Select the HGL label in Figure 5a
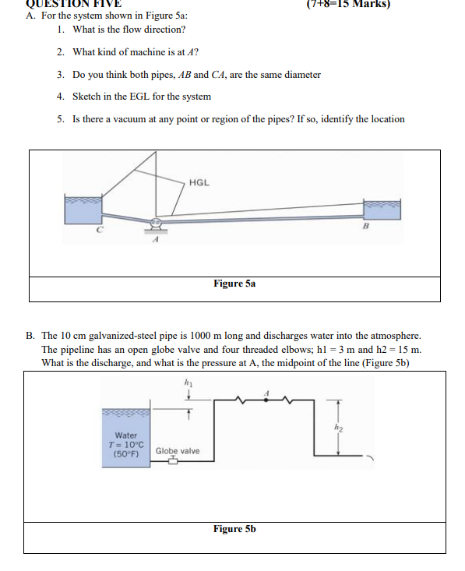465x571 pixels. point(199,182)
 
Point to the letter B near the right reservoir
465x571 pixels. point(364,227)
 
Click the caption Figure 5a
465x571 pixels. point(234,284)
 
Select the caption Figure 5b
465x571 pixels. point(234,529)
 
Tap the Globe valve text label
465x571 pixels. point(177,451)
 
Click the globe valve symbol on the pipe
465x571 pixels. point(174,461)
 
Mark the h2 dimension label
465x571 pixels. point(337,426)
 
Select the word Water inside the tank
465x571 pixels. point(126,435)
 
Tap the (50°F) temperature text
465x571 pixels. point(126,453)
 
